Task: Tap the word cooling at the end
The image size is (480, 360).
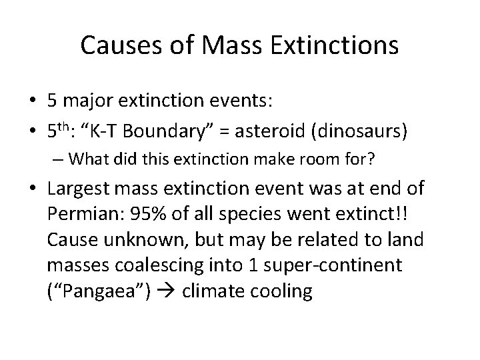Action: coord(283,291)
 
